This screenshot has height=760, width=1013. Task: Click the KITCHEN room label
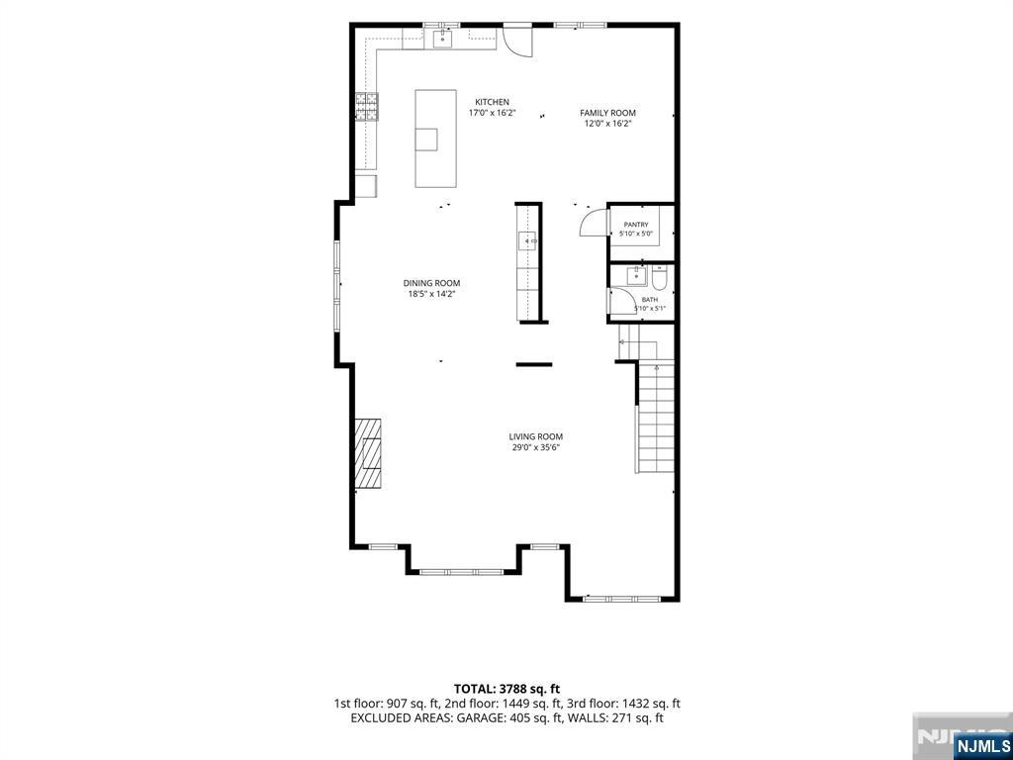pos(493,102)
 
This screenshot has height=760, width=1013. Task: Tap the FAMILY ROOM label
pos(607,113)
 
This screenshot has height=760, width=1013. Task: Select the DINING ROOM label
pos(431,283)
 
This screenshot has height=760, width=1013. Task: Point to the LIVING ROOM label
pos(535,436)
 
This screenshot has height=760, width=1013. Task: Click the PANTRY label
pos(636,225)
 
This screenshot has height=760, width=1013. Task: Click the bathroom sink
pos(636,275)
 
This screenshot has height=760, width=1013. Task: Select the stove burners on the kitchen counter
pos(366,107)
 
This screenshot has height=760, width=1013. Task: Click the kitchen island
pos(435,139)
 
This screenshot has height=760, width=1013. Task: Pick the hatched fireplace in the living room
pos(368,453)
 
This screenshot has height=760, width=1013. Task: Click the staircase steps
pos(656,417)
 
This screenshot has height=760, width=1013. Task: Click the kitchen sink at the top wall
pos(442,40)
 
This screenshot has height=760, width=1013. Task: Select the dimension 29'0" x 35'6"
pos(535,447)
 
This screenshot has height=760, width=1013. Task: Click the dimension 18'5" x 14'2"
pos(431,293)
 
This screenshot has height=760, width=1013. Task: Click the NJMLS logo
pos(981,743)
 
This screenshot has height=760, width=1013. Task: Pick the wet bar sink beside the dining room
pos(528,241)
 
